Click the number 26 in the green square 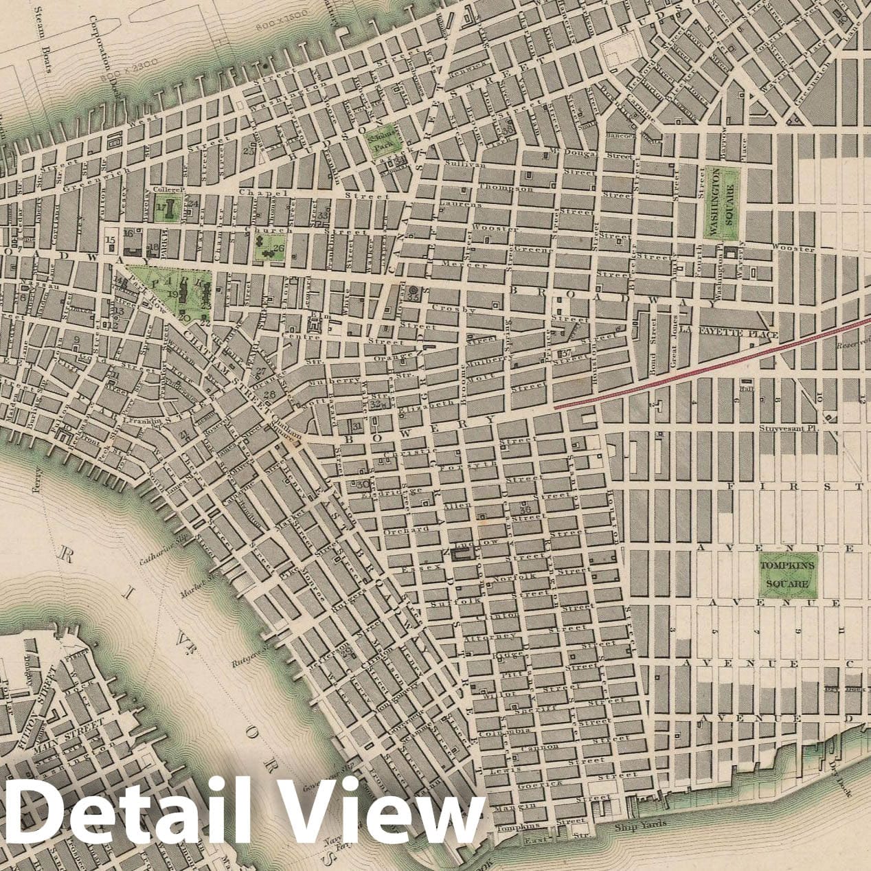278,249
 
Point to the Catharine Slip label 162,548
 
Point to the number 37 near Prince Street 566,353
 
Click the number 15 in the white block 110,240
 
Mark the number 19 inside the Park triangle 174,293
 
